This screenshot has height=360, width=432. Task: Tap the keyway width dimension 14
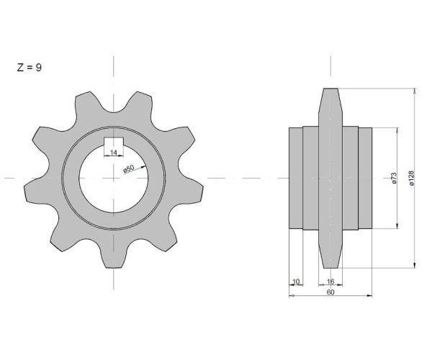click(x=114, y=152)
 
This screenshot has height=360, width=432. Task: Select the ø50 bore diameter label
click(x=128, y=169)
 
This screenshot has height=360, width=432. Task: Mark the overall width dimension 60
click(x=330, y=292)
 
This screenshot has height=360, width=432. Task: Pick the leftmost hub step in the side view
click(x=296, y=178)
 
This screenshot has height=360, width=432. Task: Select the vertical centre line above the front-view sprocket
click(x=114, y=68)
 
